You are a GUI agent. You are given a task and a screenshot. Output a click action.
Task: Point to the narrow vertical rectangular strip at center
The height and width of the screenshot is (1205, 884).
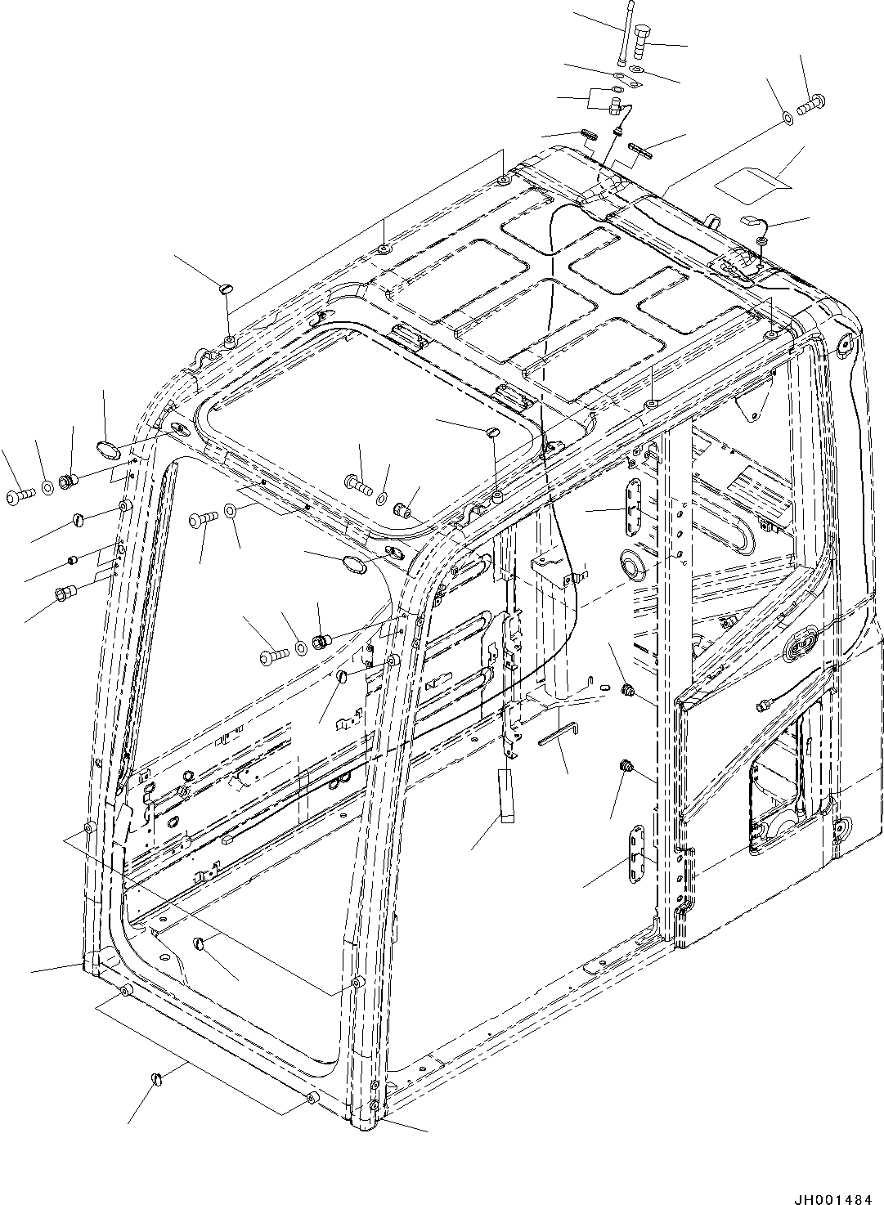(505, 793)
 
